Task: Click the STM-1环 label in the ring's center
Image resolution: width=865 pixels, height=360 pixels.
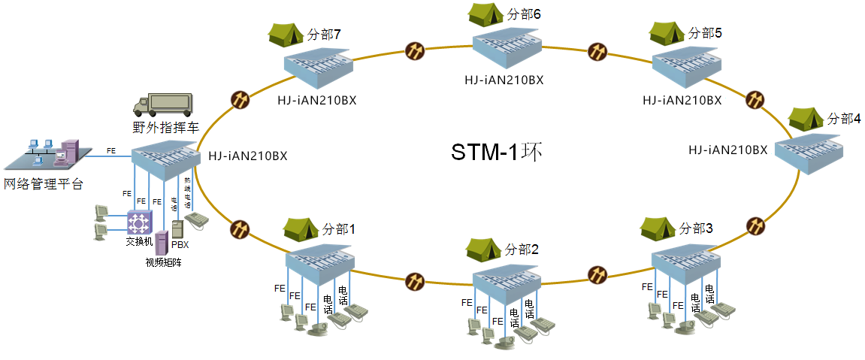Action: (x=496, y=152)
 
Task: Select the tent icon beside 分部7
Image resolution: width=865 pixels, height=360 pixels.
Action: (x=286, y=34)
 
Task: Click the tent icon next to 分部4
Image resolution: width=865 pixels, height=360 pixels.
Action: (x=806, y=119)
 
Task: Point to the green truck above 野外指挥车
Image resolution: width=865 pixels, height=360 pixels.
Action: (x=164, y=104)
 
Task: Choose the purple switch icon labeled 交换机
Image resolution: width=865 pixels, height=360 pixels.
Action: (x=139, y=222)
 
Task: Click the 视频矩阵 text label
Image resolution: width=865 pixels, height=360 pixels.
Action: (x=164, y=262)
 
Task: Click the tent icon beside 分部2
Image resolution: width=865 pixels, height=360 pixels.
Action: (x=483, y=248)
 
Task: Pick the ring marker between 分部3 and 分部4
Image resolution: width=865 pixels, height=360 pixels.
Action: (x=755, y=225)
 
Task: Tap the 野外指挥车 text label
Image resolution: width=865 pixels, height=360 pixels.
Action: (x=160, y=128)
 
